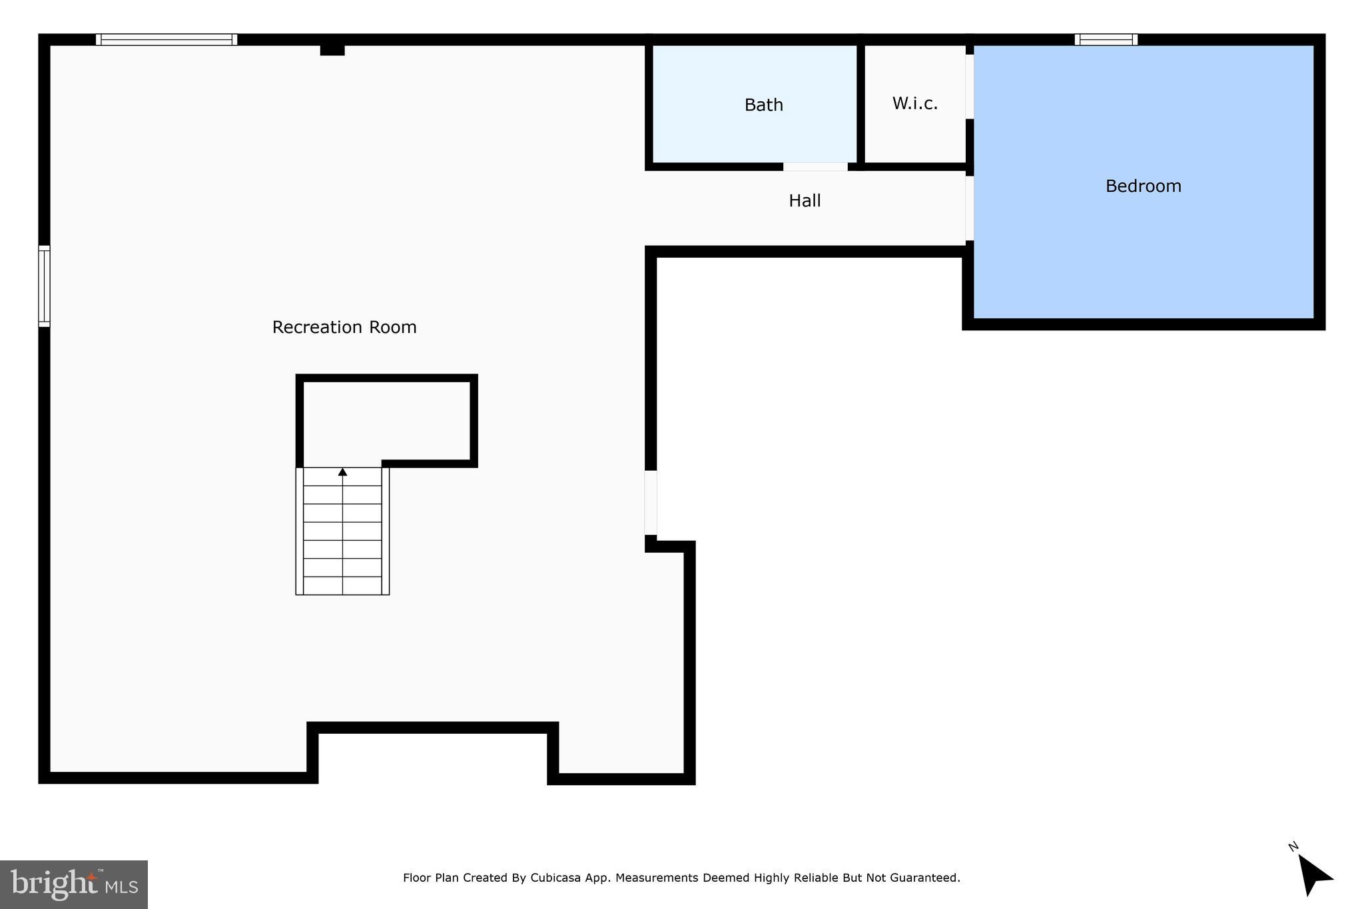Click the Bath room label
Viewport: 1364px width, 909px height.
point(763,105)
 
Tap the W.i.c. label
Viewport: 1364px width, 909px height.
point(914,104)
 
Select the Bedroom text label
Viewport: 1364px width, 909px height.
point(1143,186)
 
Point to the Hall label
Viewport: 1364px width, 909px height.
point(805,201)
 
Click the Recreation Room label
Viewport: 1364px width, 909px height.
point(344,328)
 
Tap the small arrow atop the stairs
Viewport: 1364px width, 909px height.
point(342,472)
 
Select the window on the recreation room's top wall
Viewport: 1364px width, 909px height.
point(167,40)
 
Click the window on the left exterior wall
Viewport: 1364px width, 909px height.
point(44,286)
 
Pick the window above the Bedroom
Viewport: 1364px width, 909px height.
point(1106,40)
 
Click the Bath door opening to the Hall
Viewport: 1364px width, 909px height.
point(815,166)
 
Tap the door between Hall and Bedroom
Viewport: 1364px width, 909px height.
point(970,208)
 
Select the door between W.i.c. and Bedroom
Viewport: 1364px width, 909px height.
point(970,87)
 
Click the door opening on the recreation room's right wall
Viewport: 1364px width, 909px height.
point(651,503)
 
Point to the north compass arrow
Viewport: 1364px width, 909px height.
point(1313,874)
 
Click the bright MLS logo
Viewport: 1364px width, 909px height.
point(74,884)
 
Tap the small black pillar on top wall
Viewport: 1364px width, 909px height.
point(332,50)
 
